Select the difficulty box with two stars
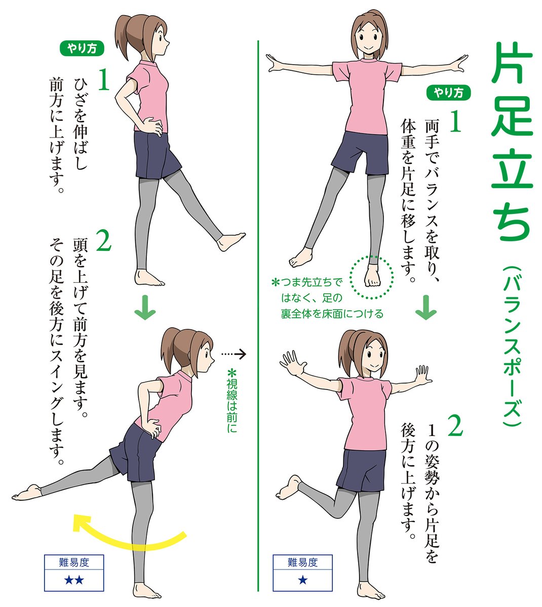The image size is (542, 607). click(74, 573)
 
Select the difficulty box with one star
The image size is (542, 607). click(302, 573)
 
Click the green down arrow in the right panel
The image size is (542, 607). click(425, 310)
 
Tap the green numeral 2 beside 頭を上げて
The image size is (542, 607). click(103, 242)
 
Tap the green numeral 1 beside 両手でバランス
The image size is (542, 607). click(456, 122)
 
